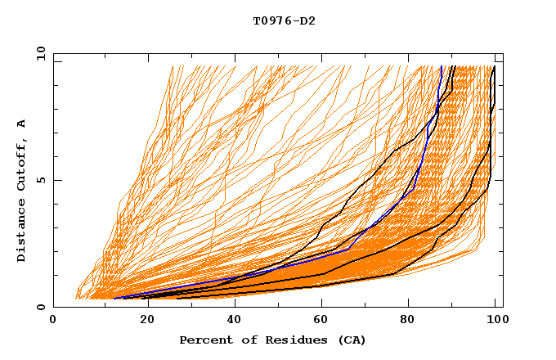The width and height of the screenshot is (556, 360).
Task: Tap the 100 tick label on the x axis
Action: tap(495, 321)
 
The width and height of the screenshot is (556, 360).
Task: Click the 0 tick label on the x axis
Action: tap(54, 321)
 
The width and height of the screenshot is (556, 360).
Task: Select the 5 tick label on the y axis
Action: tap(40, 180)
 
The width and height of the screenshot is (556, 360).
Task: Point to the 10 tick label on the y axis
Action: tap(37, 53)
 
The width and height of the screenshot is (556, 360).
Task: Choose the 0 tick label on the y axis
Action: tap(40, 307)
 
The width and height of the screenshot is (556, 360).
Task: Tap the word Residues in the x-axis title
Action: tap(283, 340)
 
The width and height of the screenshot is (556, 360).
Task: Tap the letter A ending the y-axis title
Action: tap(21, 124)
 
